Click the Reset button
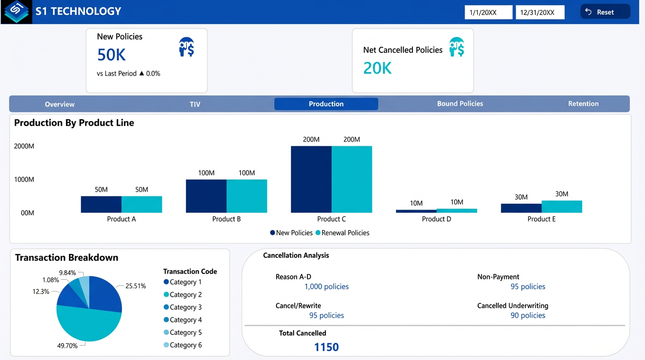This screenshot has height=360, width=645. (605, 12)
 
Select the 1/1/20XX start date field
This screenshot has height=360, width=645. (488, 13)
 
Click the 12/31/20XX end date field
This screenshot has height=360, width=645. (540, 13)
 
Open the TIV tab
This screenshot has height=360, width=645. (195, 104)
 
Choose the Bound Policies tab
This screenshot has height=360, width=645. (460, 104)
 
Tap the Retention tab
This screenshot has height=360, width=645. (583, 104)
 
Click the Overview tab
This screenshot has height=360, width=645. (60, 104)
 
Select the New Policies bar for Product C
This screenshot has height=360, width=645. (311, 180)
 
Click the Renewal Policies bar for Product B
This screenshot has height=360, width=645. (247, 196)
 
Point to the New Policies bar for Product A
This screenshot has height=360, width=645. (101, 204)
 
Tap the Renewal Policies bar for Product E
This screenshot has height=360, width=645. (562, 207)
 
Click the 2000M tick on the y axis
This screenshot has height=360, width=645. (24, 146)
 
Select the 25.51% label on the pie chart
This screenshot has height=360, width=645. (135, 286)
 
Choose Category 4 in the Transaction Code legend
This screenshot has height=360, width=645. (182, 320)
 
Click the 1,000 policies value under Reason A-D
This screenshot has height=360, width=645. (326, 286)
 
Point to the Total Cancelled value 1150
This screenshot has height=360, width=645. (326, 347)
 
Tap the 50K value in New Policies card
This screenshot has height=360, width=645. (112, 55)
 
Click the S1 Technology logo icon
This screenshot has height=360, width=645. (16, 11)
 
